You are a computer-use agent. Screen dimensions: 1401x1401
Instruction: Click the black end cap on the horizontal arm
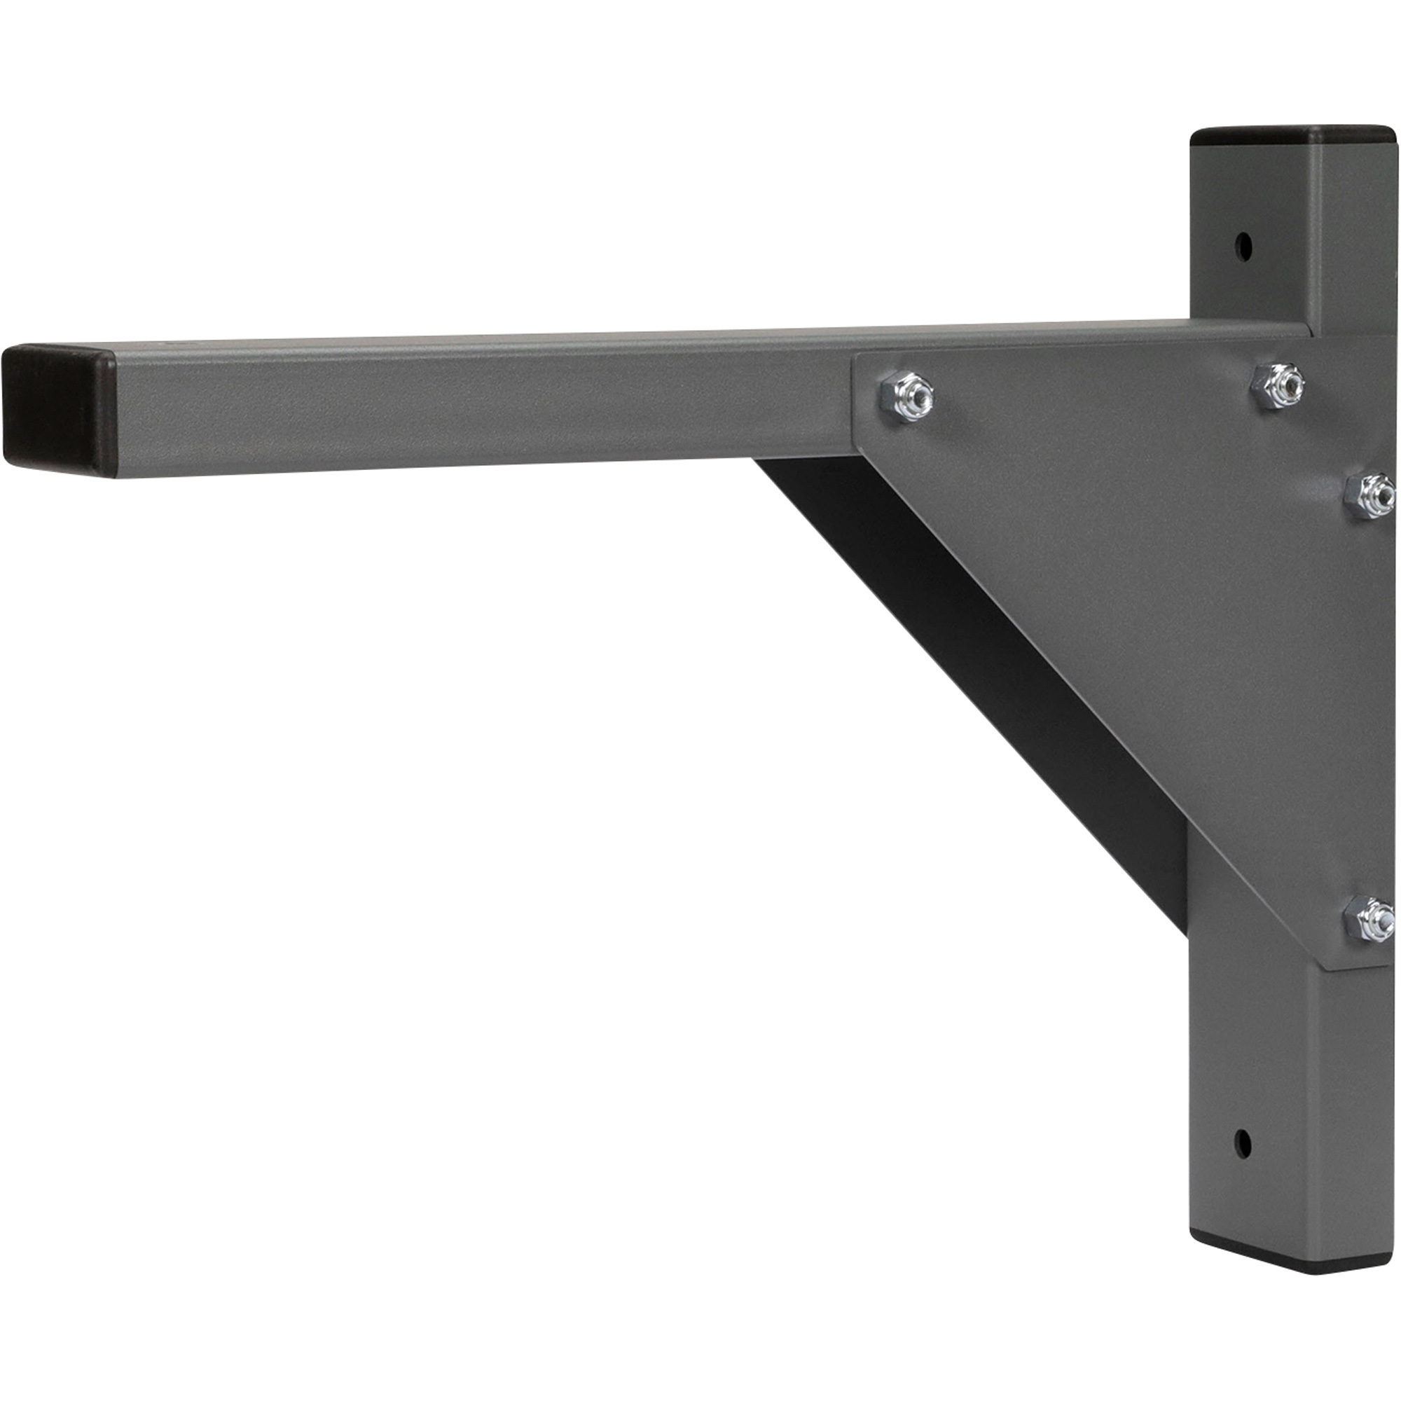click(x=58, y=410)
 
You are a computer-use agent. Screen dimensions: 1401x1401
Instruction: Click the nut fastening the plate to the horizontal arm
click(x=906, y=396)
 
